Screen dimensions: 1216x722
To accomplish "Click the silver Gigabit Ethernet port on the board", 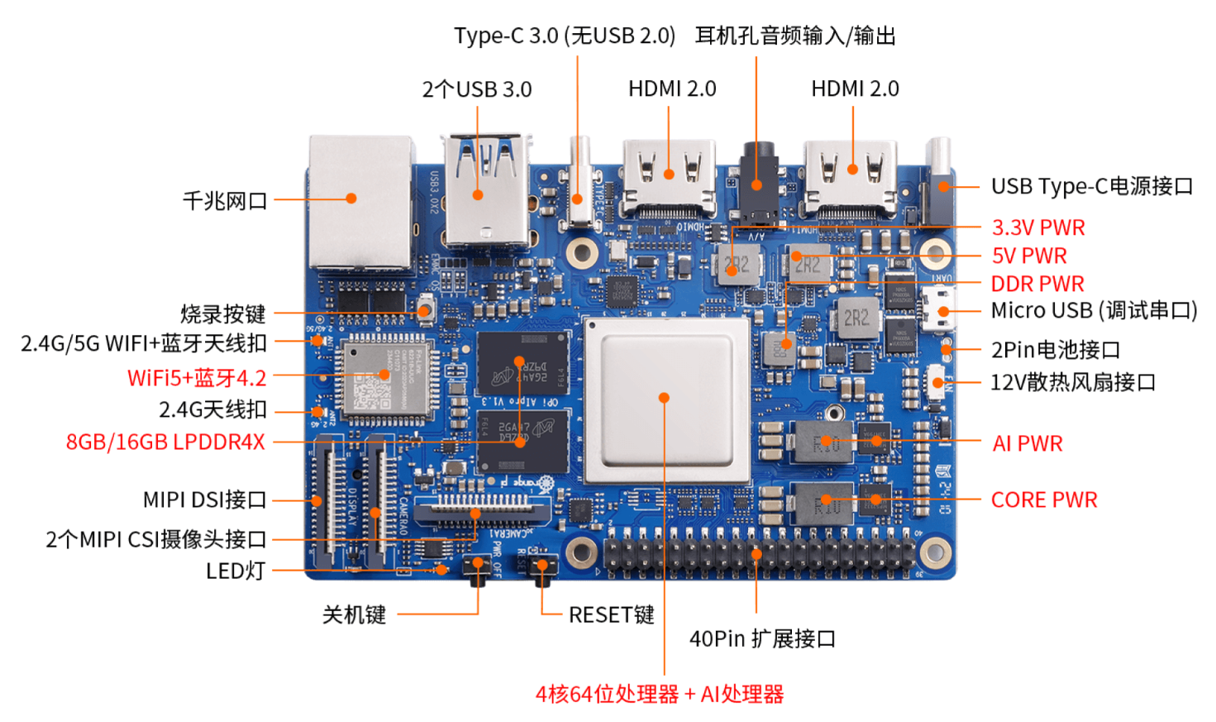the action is coord(360,203).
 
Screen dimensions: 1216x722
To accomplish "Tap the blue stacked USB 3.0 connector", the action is coord(484,190).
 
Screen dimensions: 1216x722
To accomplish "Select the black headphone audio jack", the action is coord(757,182).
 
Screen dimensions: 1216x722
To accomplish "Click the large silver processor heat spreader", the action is coord(666,399).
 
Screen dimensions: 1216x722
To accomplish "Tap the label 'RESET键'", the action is coord(611,615).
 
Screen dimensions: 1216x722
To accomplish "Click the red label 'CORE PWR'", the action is coord(1044,500).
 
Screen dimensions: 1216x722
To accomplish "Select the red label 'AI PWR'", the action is coord(1028,444).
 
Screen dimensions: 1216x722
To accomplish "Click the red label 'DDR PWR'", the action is coord(1037,284).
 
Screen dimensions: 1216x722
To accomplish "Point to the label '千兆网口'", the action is coord(225,201).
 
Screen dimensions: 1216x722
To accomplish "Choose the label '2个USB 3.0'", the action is coord(477,89).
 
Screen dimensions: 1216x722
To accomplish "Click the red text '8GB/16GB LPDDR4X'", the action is coord(165,442).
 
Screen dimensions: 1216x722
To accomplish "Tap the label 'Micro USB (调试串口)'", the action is coord(1094,311).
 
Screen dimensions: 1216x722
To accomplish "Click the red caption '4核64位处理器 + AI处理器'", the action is coord(659,695).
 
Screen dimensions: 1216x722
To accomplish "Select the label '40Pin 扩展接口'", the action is coord(762,639).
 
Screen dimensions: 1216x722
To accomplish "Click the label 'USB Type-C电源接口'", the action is coord(1091,187).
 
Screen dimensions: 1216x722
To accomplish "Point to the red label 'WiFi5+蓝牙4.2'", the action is coord(197,379).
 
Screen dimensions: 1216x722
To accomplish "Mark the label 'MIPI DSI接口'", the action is coord(204,500).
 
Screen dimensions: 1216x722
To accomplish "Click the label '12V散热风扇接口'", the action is coord(1072,383).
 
